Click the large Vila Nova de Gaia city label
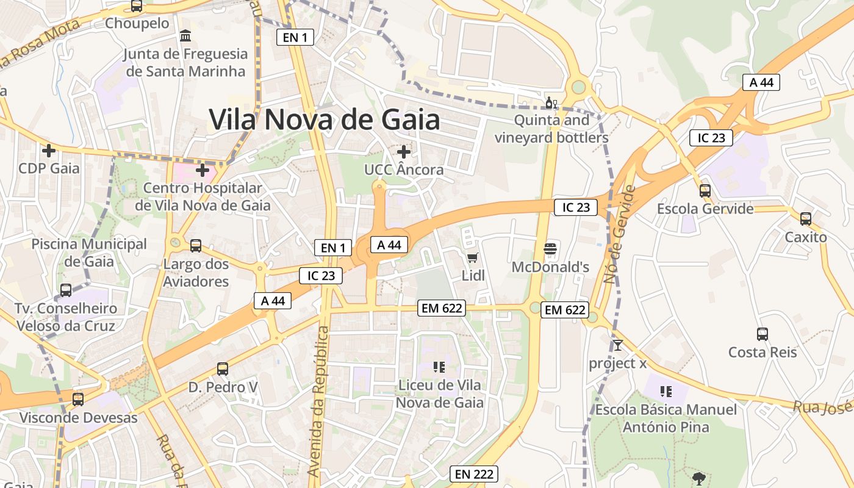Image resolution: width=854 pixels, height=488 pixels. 324,120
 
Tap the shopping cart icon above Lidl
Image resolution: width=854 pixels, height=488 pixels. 472,257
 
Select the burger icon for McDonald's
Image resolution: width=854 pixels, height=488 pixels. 550,249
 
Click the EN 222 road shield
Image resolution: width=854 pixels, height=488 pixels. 474,474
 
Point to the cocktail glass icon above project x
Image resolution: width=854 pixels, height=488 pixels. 618,345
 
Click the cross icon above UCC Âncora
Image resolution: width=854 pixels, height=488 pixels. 403,151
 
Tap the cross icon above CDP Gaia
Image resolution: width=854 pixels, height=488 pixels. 49,150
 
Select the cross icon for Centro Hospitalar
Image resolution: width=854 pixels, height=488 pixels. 203,170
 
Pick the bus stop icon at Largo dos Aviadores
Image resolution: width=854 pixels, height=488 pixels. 196,246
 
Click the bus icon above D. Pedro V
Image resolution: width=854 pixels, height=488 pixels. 223,369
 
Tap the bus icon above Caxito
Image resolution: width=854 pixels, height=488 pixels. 806,219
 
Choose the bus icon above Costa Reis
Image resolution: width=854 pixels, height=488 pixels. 762,334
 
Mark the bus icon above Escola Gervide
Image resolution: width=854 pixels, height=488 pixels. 705,191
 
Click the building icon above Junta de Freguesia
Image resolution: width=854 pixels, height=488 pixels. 185,36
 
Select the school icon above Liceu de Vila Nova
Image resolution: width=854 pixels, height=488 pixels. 439,367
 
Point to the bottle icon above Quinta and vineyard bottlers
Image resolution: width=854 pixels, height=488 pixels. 551,102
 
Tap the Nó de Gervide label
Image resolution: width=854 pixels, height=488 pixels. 619,235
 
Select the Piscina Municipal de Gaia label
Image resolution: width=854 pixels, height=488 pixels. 89,253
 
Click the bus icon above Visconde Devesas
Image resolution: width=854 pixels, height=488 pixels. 78,400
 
